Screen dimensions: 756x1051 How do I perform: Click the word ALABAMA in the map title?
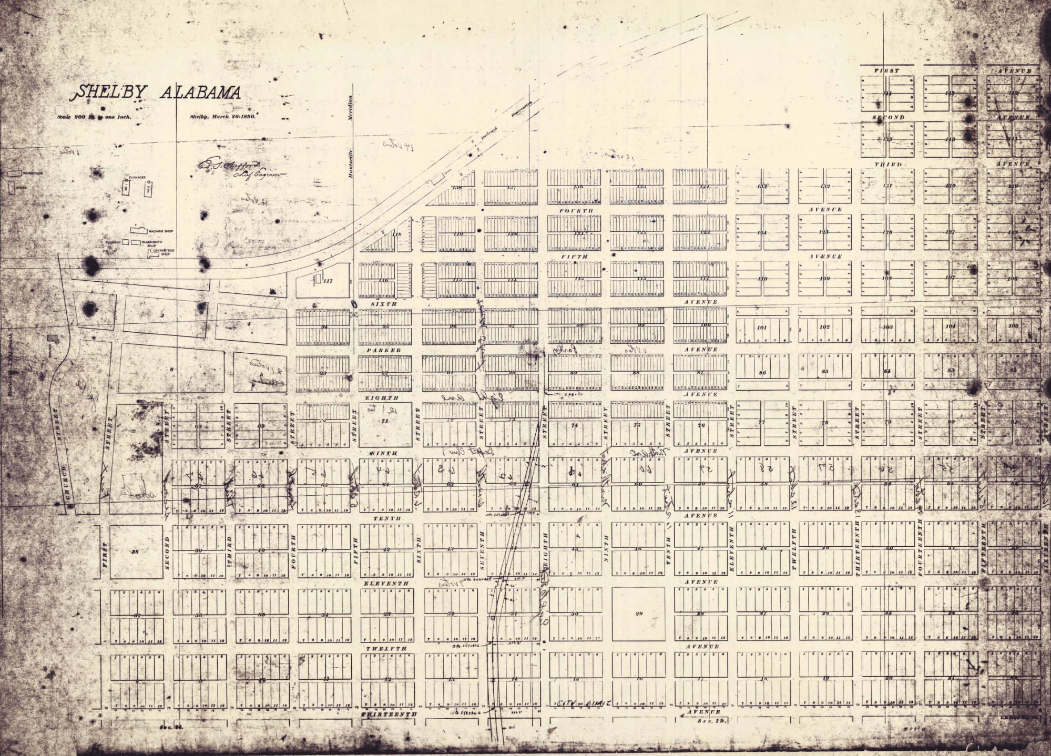click(x=200, y=94)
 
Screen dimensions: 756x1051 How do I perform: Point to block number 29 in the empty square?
click(x=639, y=614)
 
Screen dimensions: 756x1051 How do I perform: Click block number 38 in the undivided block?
click(x=136, y=551)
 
